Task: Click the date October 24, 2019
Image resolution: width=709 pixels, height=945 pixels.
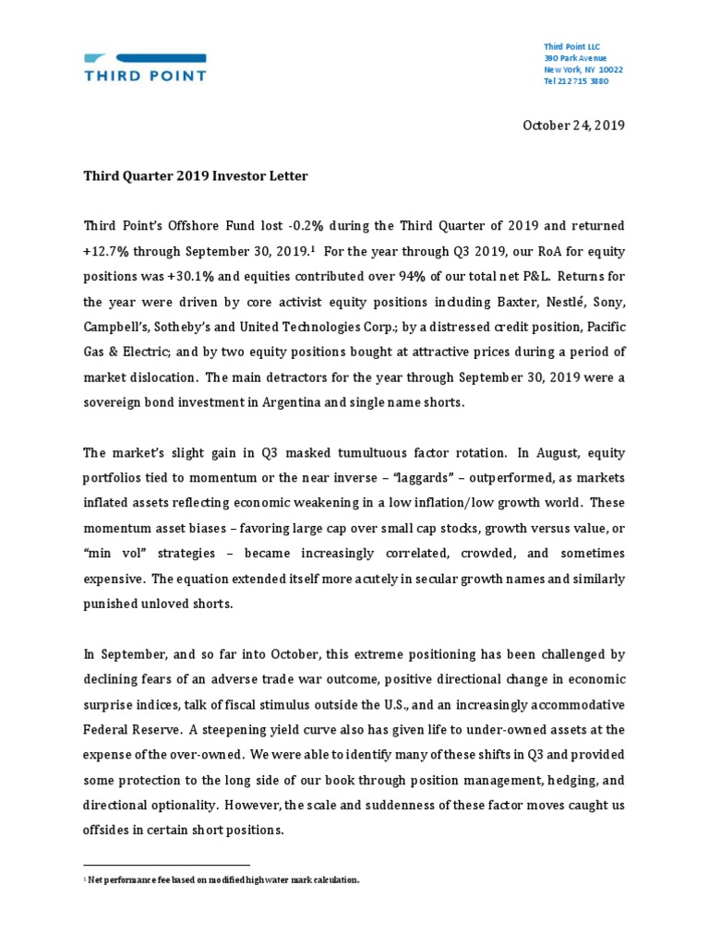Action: click(574, 126)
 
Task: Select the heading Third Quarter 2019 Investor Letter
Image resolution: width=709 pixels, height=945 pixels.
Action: click(196, 175)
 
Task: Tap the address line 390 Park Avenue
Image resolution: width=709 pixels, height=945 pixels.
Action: click(576, 58)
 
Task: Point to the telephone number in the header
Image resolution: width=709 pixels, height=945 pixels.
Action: click(576, 81)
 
